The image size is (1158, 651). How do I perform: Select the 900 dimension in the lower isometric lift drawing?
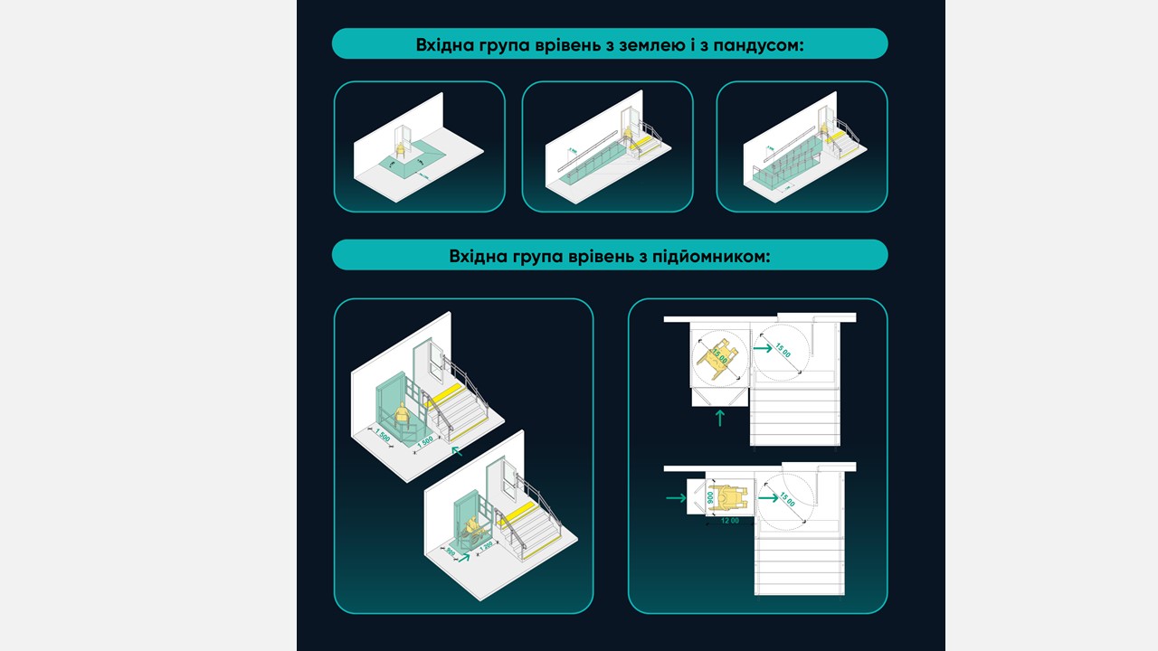[x=451, y=550]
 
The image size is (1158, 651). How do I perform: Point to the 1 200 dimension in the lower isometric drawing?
[x=485, y=546]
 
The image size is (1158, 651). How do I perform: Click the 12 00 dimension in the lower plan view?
[x=729, y=521]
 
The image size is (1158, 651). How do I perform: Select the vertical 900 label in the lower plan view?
[x=711, y=497]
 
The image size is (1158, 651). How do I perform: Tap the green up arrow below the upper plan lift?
[x=720, y=418]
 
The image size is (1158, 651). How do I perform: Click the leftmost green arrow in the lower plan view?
[x=676, y=497]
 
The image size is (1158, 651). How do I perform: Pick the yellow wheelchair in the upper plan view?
[x=719, y=355]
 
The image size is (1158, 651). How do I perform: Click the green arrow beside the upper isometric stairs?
[x=458, y=448]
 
